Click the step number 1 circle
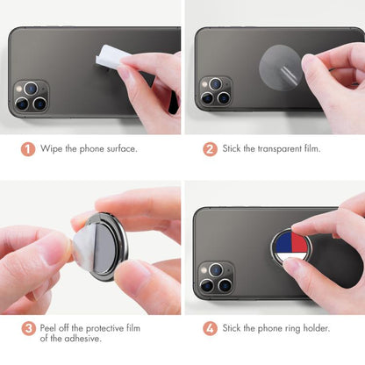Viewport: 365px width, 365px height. (x=28, y=148)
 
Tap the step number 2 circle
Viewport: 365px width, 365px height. (x=210, y=148)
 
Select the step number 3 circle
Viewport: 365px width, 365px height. (x=28, y=329)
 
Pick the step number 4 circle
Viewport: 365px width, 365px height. (x=210, y=329)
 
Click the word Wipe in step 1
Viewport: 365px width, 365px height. (x=54, y=148)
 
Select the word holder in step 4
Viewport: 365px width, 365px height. (x=313, y=329)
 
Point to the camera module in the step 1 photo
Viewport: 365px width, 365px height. (x=31, y=97)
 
